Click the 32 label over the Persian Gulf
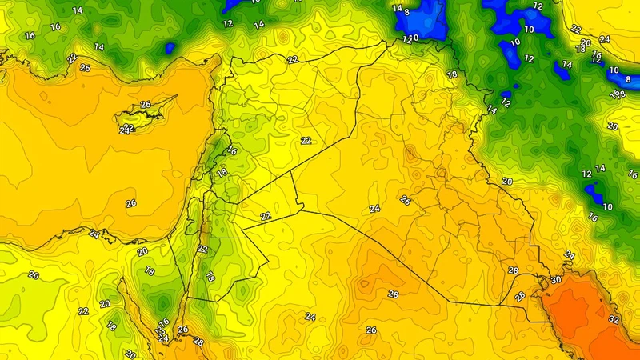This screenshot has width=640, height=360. pyautogui.click(x=614, y=319)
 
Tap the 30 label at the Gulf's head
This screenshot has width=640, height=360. pyautogui.click(x=555, y=281)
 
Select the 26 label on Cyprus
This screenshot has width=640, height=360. pyautogui.click(x=146, y=105)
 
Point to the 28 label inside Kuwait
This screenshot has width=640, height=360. pyautogui.click(x=520, y=297)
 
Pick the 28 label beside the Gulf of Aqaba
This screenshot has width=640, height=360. pyautogui.click(x=198, y=342)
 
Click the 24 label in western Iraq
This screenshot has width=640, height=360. pyautogui.click(x=374, y=209)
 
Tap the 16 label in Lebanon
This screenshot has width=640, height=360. pyautogui.click(x=232, y=150)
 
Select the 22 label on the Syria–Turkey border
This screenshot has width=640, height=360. pyautogui.click(x=293, y=60)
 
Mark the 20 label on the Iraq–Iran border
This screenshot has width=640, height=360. pyautogui.click(x=506, y=182)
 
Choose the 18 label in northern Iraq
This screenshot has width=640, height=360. pyautogui.click(x=452, y=74)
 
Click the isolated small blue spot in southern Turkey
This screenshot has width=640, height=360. pyautogui.click(x=170, y=49)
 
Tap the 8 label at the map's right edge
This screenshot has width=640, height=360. pyautogui.click(x=628, y=79)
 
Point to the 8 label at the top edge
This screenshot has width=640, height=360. pyautogui.click(x=406, y=12)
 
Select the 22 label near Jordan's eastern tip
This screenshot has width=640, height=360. pyautogui.click(x=266, y=216)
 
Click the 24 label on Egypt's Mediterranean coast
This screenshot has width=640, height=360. pyautogui.click(x=94, y=234)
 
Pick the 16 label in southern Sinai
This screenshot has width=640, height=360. pyautogui.click(x=163, y=322)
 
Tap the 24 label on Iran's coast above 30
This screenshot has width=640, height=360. pyautogui.click(x=570, y=255)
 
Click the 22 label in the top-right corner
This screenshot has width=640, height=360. pyautogui.click(x=576, y=29)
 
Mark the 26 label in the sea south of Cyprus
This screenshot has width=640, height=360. pyautogui.click(x=130, y=203)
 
